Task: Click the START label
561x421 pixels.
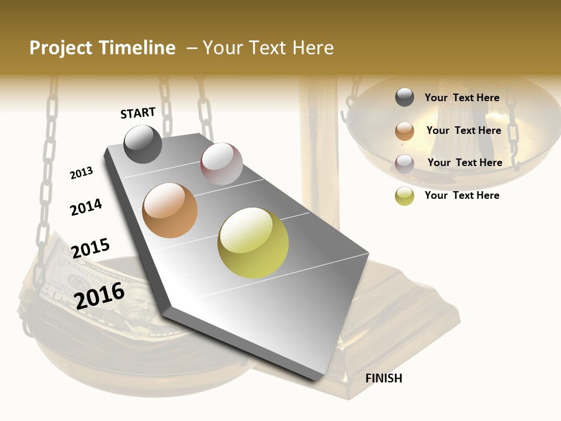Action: tap(138, 113)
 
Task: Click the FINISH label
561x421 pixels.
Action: tap(383, 378)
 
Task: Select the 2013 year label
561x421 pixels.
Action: tap(81, 173)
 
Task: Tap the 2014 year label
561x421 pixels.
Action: tap(86, 207)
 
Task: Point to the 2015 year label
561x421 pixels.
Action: tap(90, 248)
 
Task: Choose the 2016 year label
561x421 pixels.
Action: tap(99, 295)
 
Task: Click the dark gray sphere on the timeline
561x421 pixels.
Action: tap(143, 144)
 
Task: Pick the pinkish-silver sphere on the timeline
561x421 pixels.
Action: tap(221, 164)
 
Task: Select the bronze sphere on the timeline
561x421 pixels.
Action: tap(170, 210)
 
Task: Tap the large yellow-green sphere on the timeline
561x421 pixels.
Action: tap(253, 243)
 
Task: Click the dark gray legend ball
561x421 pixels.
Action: tap(404, 98)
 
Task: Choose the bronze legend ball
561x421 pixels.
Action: tap(404, 131)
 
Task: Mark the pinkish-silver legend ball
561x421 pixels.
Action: tap(404, 163)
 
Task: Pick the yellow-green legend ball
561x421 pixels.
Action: tap(404, 196)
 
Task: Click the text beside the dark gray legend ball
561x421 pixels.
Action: tap(462, 98)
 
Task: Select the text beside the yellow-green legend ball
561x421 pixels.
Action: tap(462, 195)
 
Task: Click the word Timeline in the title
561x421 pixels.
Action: tap(137, 48)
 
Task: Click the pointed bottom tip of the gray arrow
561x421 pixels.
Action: tap(319, 381)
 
